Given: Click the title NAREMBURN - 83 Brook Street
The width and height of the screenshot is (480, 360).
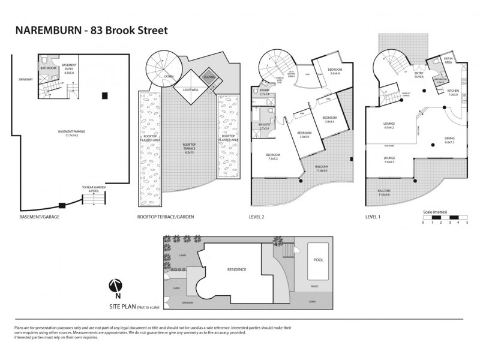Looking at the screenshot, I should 91,30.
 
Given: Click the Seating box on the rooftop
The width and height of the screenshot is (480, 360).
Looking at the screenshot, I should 209,77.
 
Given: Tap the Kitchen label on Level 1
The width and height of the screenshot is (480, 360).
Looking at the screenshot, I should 452,92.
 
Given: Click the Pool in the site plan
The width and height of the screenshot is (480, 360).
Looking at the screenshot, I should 319,261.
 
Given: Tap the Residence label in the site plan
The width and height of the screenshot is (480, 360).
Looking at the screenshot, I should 236,269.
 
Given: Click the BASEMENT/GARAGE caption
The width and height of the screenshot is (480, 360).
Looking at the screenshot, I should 40,217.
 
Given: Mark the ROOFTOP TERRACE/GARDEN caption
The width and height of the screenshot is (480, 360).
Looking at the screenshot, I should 165,217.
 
